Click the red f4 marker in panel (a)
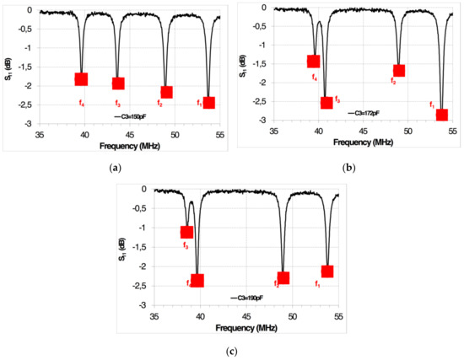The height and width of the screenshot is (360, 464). click(x=81, y=79)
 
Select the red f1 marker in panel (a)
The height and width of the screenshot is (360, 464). click(x=209, y=103)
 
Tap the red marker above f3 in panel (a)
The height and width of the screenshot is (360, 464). click(x=118, y=83)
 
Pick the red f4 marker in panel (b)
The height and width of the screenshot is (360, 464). click(x=313, y=61)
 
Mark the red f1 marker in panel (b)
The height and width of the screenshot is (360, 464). click(x=441, y=115)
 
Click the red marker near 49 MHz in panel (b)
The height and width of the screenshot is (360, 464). click(x=399, y=71)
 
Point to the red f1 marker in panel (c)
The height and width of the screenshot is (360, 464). click(x=327, y=271)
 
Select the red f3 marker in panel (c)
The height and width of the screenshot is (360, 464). click(x=186, y=232)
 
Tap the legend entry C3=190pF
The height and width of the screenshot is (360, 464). click(x=246, y=298)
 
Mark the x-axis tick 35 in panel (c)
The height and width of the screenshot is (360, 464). click(x=154, y=315)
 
